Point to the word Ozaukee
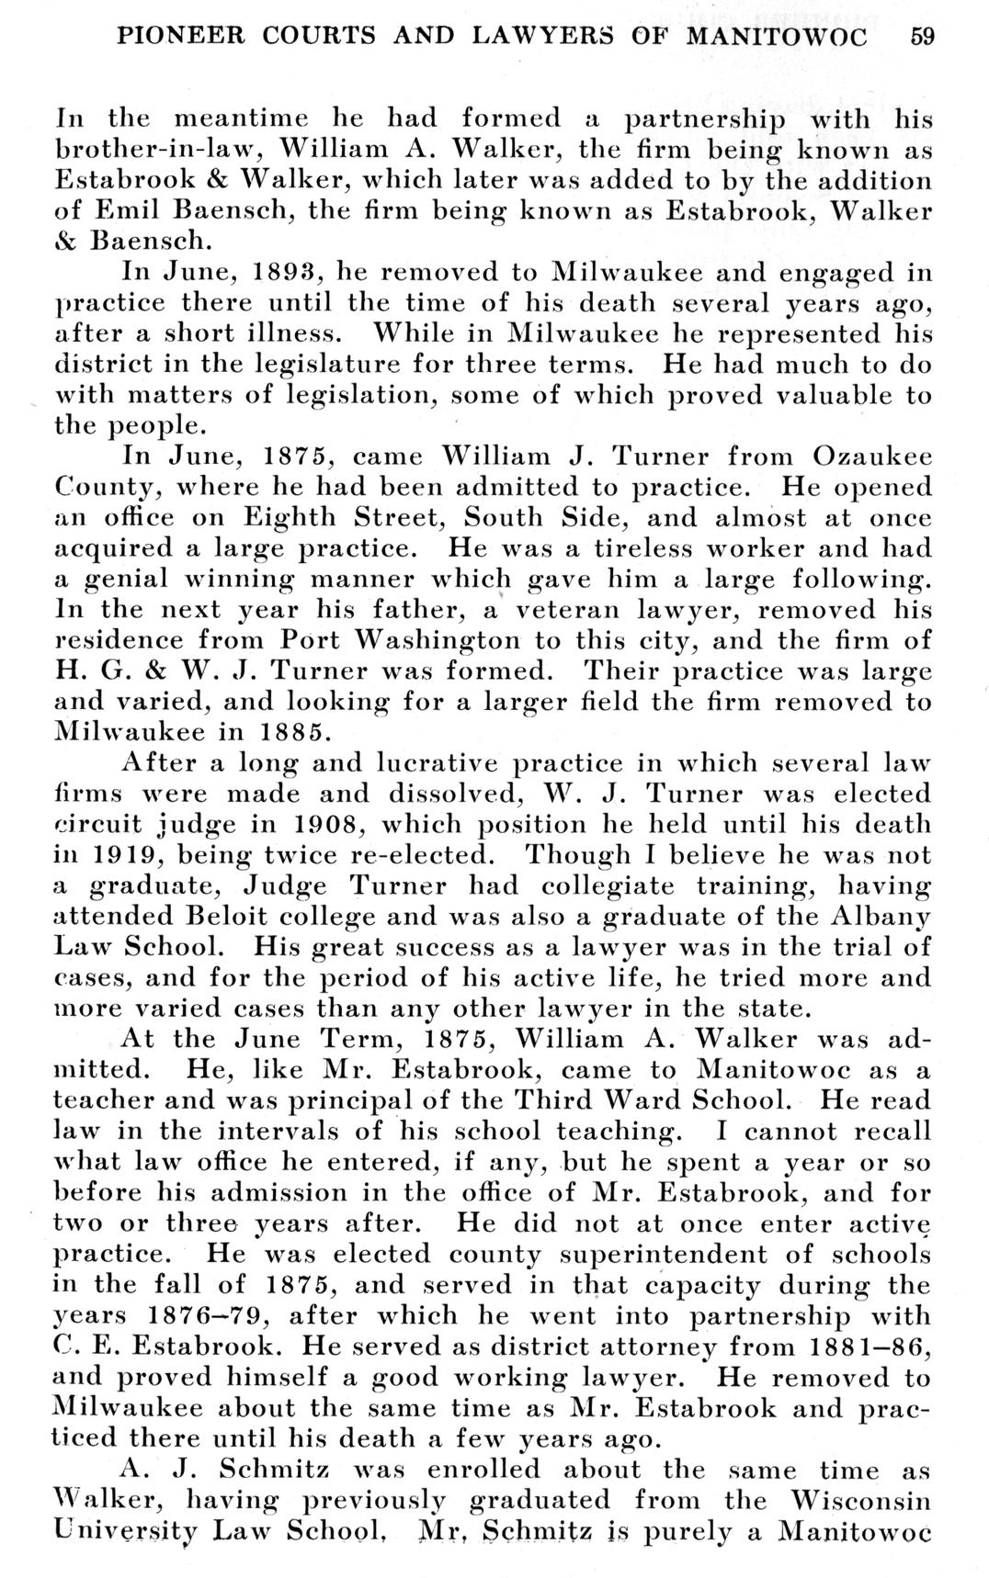coord(872,456)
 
